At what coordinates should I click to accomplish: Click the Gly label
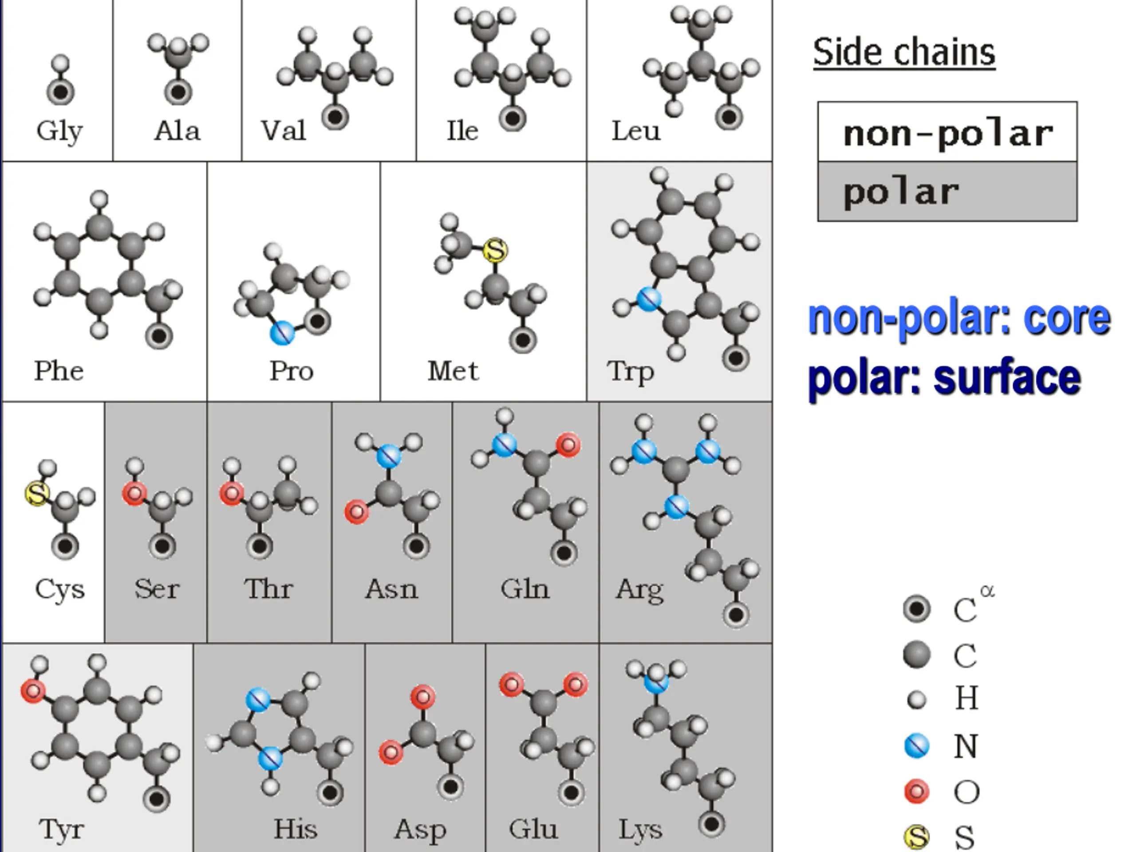59,131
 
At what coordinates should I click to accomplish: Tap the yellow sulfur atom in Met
495,250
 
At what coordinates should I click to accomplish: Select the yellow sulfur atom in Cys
37,493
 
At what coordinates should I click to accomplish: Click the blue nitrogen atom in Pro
282,333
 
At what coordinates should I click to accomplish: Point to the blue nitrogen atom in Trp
649,299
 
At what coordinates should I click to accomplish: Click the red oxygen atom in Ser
134,493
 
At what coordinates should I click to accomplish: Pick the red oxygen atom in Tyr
33,691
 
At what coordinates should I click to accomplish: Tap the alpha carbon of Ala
178,93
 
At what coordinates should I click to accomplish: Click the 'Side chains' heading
904,52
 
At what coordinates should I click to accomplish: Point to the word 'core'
1067,317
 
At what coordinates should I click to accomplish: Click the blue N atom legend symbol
917,745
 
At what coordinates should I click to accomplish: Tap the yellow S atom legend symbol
917,836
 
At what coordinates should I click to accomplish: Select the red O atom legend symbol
917,791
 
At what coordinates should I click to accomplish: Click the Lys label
640,829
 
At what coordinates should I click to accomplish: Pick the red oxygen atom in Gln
568,445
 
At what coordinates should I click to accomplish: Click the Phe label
59,371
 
